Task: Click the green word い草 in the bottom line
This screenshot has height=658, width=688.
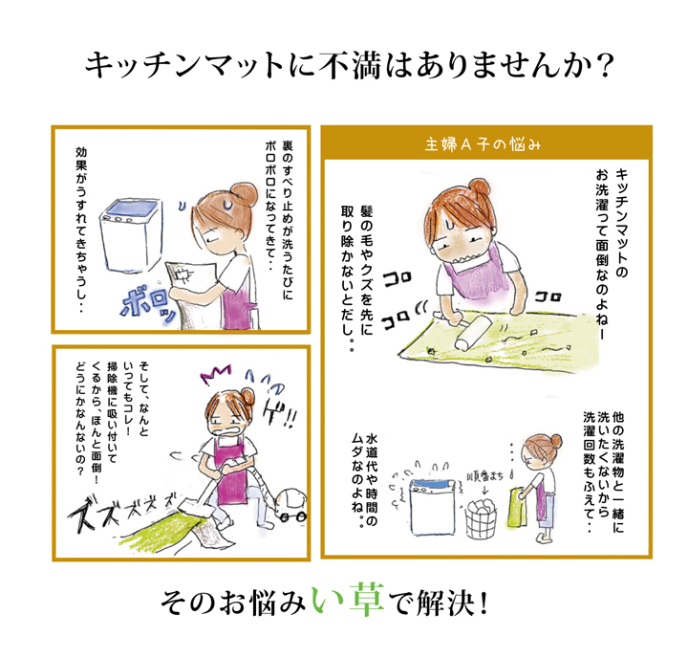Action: [348, 601]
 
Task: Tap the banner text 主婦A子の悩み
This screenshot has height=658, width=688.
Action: [483, 144]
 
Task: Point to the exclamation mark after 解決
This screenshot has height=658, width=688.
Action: [484, 603]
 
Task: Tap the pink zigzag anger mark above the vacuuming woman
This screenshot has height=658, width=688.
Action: [216, 373]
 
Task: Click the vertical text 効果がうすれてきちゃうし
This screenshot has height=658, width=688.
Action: [81, 230]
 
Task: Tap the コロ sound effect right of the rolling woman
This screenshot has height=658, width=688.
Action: [548, 297]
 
